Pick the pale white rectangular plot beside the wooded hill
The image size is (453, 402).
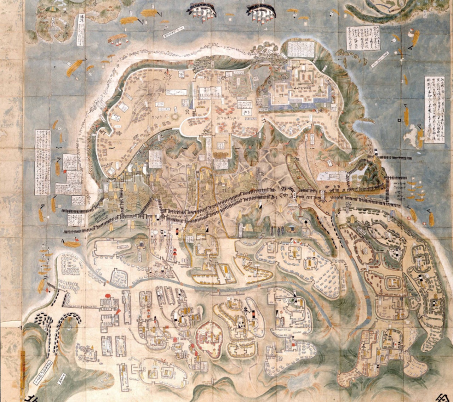[332, 176]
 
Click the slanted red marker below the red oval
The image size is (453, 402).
[118, 311]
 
